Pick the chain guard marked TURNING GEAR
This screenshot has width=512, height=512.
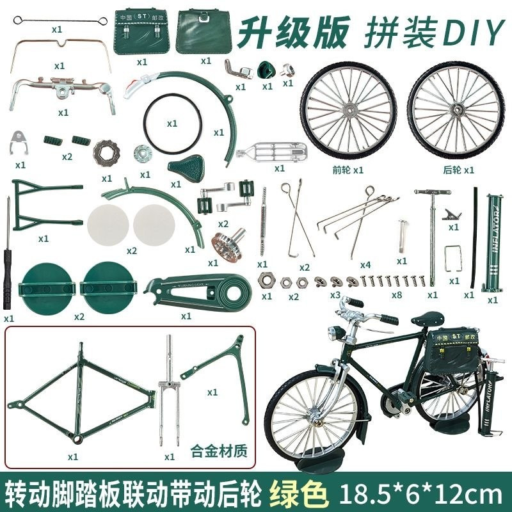(x=196, y=291)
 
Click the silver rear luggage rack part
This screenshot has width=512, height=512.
(x=272, y=154)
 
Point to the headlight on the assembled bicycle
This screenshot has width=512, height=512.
(x=334, y=333)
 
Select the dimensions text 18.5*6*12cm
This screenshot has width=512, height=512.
(x=420, y=494)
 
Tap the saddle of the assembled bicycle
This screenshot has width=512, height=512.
(x=426, y=318)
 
